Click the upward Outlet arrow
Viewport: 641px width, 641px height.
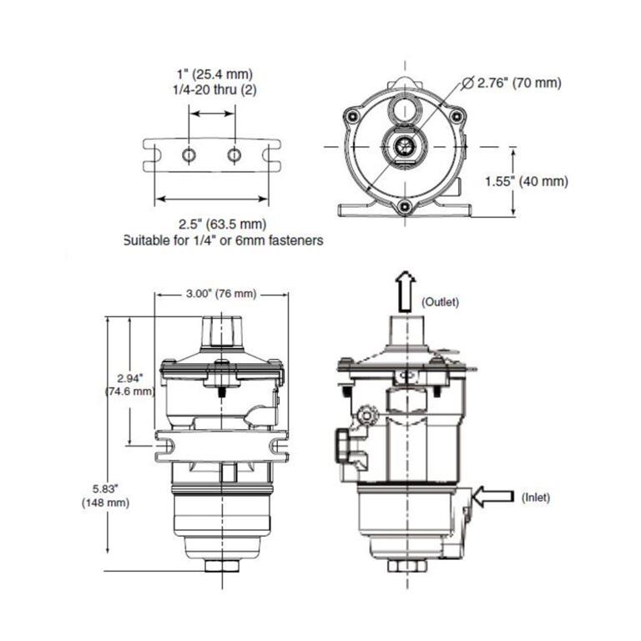tap(405, 290)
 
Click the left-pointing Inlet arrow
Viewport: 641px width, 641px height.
tap(492, 497)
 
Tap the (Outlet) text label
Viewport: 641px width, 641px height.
tap(440, 301)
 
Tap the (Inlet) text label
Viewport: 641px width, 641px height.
tap(536, 497)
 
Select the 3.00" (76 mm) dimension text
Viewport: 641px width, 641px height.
tap(220, 294)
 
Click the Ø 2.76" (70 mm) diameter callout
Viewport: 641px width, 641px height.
tap(510, 83)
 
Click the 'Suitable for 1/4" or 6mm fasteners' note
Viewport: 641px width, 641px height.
tap(223, 240)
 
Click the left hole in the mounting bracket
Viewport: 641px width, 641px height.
tap(189, 154)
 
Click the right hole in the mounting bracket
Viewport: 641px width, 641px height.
tap(235, 154)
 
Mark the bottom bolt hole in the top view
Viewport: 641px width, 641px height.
tap(404, 207)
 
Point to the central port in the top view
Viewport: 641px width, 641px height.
tap(404, 145)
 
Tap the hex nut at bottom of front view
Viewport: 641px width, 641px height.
tap(221, 565)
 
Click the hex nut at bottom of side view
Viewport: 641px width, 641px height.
tap(405, 565)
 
